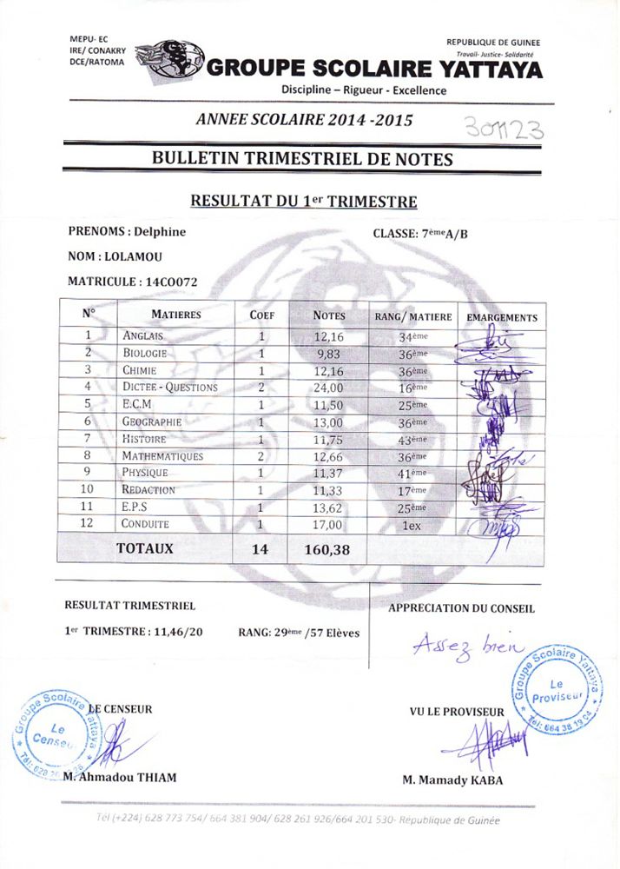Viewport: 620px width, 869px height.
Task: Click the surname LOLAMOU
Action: pos(133,256)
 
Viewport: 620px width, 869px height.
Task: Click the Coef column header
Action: pos(262,315)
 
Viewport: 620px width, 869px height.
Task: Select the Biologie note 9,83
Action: pos(328,354)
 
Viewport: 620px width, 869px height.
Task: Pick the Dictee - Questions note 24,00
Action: pos(328,388)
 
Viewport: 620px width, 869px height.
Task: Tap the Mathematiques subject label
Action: pos(162,456)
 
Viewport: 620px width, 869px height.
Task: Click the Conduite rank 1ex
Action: pos(412,525)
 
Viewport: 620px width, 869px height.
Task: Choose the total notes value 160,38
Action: pos(328,549)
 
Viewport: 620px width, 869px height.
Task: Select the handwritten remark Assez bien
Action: pos(465,646)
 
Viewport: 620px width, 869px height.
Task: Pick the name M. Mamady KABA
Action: pos(452,779)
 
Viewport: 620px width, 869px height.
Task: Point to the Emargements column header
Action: pos(502,317)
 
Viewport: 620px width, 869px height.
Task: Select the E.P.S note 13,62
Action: pos(328,507)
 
